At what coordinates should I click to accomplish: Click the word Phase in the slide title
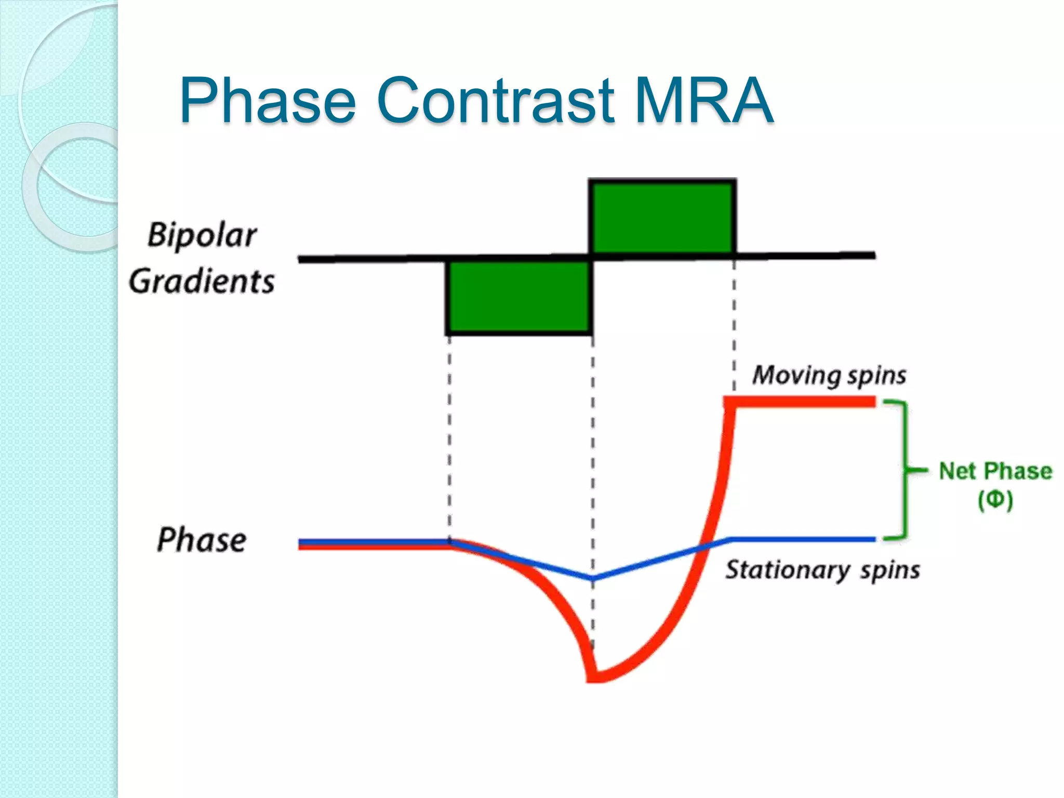[268, 100]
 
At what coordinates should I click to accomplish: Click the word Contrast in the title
[496, 100]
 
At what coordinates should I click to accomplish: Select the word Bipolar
[202, 235]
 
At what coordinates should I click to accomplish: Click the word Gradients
[202, 282]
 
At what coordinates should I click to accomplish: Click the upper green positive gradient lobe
[663, 217]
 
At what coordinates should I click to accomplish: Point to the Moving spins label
[829, 375]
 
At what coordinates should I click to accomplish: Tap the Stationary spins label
[822, 570]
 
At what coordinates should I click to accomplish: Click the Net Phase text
[995, 471]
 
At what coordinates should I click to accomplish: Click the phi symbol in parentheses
[995, 500]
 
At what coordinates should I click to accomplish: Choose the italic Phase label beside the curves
[202, 540]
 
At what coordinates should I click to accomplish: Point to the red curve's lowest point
[595, 675]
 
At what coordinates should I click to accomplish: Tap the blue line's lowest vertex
[593, 578]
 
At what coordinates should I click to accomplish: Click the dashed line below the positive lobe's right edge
[734, 322]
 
